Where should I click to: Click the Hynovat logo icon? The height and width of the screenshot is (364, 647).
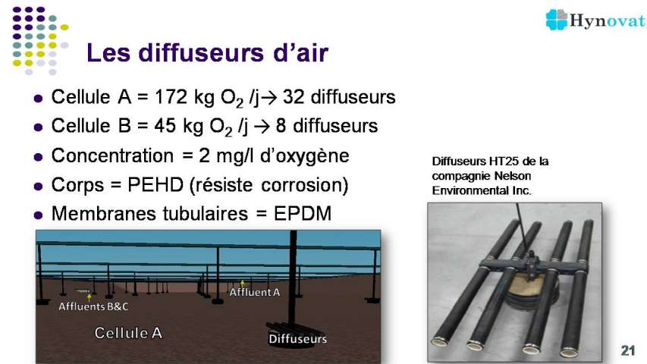557,20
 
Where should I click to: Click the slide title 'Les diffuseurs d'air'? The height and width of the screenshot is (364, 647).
207,53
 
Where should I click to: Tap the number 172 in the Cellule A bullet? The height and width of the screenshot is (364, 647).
171,97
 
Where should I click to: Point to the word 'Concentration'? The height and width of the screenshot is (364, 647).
112,155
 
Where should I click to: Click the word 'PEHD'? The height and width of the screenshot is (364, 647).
155,184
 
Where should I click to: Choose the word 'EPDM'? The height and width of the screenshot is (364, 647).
303,213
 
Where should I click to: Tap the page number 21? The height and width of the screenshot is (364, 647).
627,350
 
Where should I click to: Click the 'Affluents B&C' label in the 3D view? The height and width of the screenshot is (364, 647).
93,306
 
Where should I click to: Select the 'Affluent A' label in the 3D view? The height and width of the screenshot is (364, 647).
255,292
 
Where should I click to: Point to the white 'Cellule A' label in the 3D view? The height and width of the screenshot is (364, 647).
128,333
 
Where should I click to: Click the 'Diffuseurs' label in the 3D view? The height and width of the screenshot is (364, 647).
297,339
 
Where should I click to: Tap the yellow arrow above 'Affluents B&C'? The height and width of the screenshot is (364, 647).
90,297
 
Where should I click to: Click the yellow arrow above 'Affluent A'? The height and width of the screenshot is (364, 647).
242,283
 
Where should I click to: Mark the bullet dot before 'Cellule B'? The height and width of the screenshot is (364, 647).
38,127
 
